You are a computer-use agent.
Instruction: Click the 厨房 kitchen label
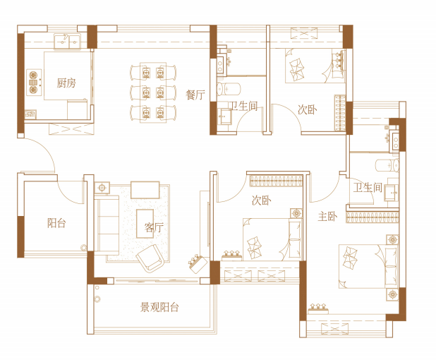pyautogui.click(x=66, y=83)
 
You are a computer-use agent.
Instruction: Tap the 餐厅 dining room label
pyautogui.click(x=195, y=95)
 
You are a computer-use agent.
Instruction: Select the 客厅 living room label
pyautogui.click(x=154, y=227)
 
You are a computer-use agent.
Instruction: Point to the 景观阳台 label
pyautogui.click(x=159, y=307)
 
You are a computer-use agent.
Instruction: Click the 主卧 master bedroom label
pyautogui.click(x=327, y=216)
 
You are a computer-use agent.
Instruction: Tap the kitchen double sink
pyautogui.click(x=67, y=42)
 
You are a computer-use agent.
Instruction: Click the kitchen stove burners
pyautogui.click(x=34, y=83)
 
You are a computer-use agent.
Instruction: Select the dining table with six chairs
pyautogui.click(x=153, y=92)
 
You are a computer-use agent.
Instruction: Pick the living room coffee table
pyautogui.click(x=145, y=224)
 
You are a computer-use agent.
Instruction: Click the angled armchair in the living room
pyautogui.click(x=150, y=258)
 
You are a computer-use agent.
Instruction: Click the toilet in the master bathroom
pyautogui.click(x=387, y=165)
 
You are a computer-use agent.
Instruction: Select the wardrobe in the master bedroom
pyautogui.click(x=373, y=217)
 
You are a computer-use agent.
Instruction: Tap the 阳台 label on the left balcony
pyautogui.click(x=56, y=223)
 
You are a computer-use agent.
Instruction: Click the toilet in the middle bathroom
pyautogui.click(x=229, y=89)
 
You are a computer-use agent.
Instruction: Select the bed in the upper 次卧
pyautogui.click(x=315, y=66)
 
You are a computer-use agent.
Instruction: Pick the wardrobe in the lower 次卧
pyautogui.click(x=276, y=181)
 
